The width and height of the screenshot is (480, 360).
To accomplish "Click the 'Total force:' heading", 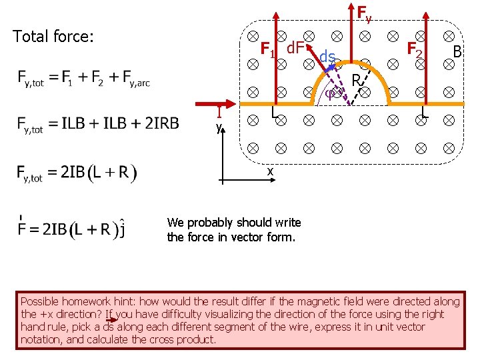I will (53, 37).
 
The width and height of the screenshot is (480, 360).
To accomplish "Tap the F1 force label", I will (268, 49).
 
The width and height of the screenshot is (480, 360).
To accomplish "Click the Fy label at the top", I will (364, 13).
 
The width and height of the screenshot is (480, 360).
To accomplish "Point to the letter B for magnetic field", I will (457, 51).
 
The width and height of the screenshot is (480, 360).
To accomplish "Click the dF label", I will (295, 47).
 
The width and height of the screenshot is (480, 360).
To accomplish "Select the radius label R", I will (357, 80).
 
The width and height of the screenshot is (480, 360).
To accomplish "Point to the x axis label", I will (270, 171).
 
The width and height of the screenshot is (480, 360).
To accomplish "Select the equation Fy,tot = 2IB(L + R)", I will (77, 173).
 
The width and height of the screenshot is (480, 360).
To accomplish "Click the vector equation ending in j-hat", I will (73, 229).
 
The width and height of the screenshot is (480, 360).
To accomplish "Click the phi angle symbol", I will (331, 94).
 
